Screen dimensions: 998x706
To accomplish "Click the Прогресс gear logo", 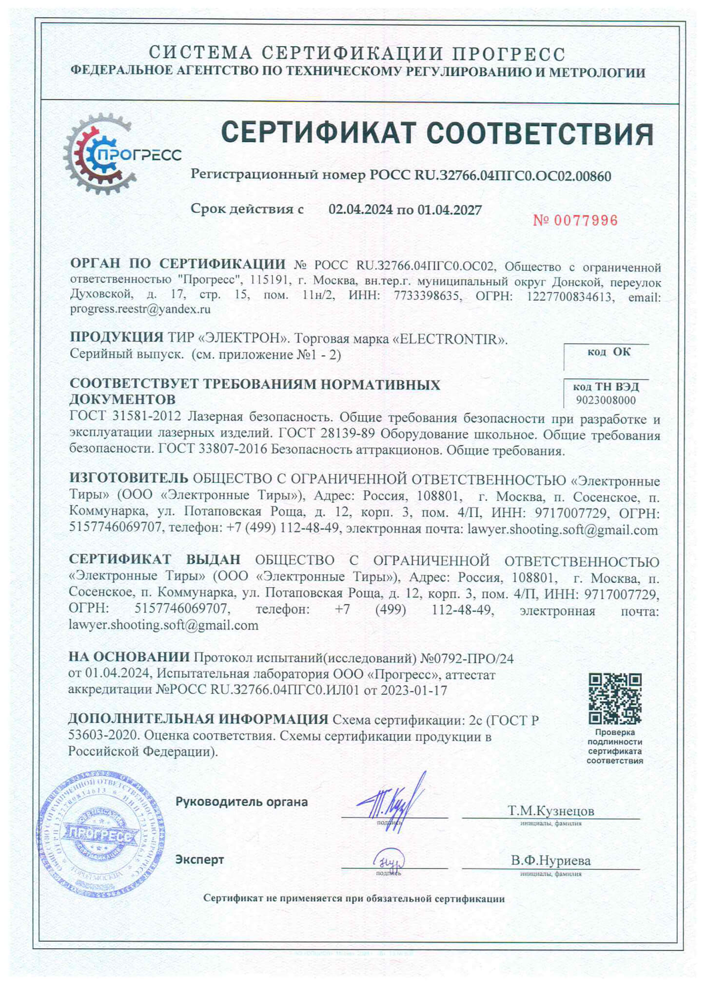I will (105, 154).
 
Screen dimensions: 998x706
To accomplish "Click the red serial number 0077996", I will (575, 221).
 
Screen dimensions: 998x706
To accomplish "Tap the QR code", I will (614, 699).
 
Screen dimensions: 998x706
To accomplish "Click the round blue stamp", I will (101, 835).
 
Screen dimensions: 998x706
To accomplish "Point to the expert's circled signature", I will (389, 863).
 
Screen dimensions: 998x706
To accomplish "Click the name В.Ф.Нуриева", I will (550, 861).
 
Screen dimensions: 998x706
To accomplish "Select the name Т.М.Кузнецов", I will (550, 811).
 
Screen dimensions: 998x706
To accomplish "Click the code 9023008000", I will (606, 401).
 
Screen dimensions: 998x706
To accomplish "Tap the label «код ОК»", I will (608, 352).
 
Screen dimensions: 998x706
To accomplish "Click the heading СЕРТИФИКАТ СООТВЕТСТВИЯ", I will (437, 134).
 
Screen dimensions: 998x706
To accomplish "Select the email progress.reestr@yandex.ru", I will (140, 309).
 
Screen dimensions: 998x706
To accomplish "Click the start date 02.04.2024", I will (360, 210).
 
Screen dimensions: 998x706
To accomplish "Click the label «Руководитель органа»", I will (241, 802).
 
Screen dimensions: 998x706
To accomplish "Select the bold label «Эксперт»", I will (199, 859).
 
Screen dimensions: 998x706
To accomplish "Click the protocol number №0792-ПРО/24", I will (467, 658).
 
